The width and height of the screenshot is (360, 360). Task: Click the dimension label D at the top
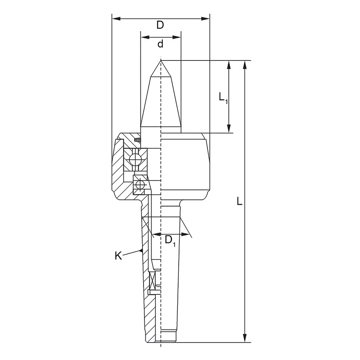pos(160,25)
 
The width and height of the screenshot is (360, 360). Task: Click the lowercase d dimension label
pos(160,43)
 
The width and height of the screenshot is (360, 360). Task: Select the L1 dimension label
pos(223,98)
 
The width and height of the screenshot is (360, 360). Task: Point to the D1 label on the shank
pos(170,241)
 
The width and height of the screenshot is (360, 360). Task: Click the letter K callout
pos(118,256)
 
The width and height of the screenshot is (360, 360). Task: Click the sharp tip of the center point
pos(161,60)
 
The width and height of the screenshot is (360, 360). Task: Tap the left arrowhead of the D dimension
pos(116,18)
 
